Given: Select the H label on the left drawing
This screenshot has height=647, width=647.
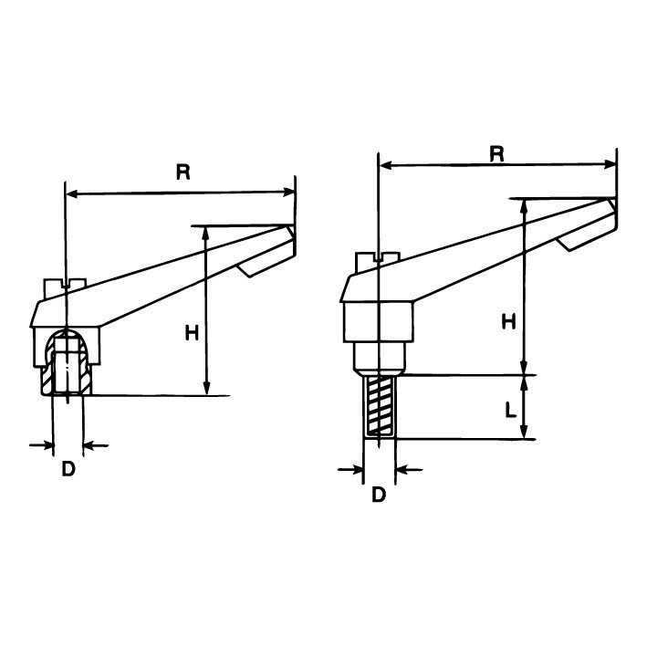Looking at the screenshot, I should click(x=192, y=334).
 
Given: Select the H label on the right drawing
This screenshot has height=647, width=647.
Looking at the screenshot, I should click(x=509, y=321).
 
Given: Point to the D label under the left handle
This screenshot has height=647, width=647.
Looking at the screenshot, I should click(x=68, y=470).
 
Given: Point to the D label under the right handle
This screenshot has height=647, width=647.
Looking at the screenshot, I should click(x=379, y=494).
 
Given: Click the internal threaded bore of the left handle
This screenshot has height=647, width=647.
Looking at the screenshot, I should click(x=68, y=365).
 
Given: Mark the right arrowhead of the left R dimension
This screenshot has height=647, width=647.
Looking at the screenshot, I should click(x=292, y=193).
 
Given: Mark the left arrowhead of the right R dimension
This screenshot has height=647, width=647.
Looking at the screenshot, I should click(x=383, y=166).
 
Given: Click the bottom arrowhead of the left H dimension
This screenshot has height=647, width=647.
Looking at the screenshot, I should click(x=209, y=390).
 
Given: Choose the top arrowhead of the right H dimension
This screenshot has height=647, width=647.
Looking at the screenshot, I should click(x=526, y=204).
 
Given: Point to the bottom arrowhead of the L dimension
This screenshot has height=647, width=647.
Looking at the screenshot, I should click(x=526, y=434).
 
